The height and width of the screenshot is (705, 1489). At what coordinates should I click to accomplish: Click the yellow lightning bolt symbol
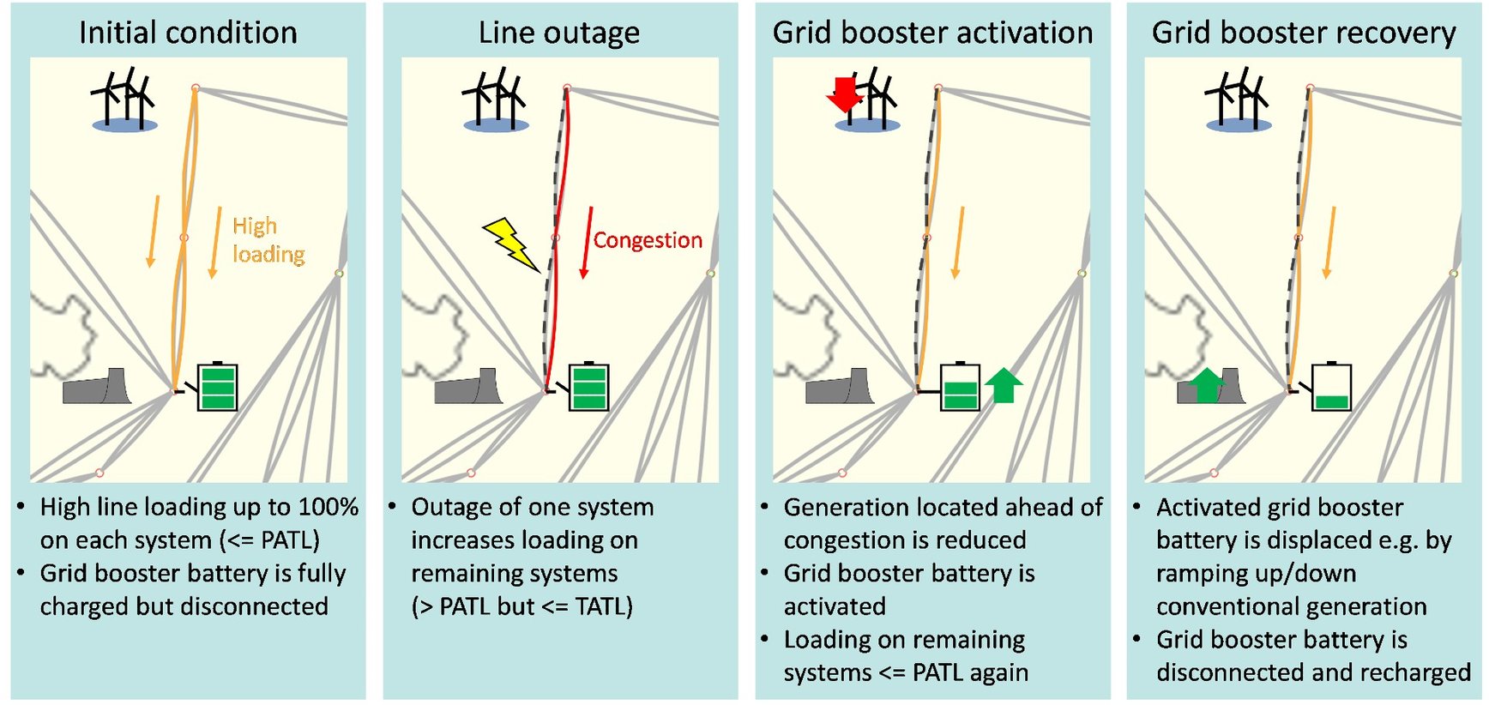click(x=511, y=244)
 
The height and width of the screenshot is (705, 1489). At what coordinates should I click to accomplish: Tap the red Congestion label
click(x=648, y=240)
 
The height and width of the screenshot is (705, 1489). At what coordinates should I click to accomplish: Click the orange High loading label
click(x=267, y=240)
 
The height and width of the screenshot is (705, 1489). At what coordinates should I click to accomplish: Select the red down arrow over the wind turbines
click(x=844, y=93)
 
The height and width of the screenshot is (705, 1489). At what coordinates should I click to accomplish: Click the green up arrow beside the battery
click(x=1004, y=385)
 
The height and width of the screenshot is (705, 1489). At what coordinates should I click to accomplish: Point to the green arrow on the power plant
click(x=1208, y=385)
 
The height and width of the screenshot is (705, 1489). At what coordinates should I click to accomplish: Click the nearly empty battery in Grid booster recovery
click(x=1331, y=388)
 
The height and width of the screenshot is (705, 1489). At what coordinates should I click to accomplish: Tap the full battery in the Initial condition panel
click(x=217, y=387)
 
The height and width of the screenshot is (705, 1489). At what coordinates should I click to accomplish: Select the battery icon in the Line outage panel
click(x=589, y=387)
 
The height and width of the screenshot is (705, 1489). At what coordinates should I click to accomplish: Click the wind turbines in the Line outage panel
click(x=496, y=100)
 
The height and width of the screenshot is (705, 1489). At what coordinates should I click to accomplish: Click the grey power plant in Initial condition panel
click(x=97, y=388)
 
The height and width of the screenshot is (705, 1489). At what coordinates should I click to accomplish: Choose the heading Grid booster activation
click(x=932, y=33)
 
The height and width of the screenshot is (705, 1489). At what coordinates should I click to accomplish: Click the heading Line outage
click(x=558, y=33)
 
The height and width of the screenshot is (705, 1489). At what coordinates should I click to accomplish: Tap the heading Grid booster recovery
click(x=1303, y=33)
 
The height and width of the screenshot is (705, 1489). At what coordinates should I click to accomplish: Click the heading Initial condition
click(x=188, y=33)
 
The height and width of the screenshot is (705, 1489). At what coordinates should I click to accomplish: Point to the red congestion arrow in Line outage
click(x=588, y=243)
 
